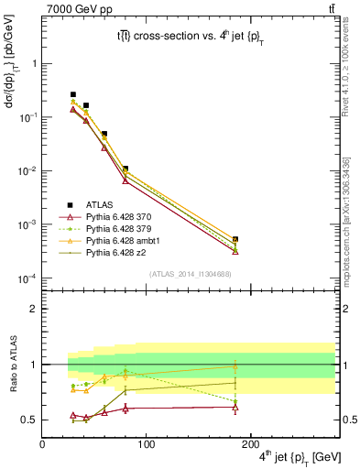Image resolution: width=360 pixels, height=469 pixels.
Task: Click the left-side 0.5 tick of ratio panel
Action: (30, 420)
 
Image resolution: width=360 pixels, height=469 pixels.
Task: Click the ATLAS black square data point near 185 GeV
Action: (235, 239)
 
